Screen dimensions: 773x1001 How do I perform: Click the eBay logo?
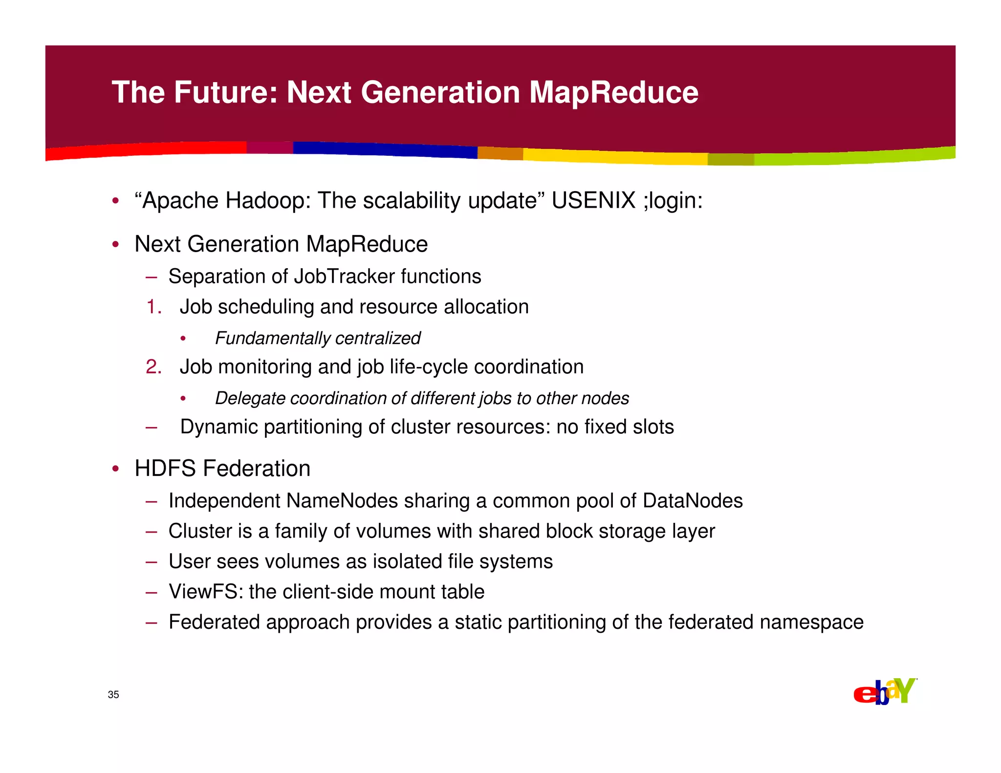[x=885, y=691]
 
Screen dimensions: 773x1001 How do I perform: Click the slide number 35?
[x=113, y=695]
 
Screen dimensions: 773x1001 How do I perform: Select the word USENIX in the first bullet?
[x=593, y=200]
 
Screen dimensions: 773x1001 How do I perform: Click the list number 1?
[x=153, y=307]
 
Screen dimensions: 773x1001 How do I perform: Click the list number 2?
[x=153, y=367]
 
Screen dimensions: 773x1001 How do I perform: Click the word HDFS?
[x=165, y=468]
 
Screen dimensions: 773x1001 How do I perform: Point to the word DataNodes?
[x=693, y=501]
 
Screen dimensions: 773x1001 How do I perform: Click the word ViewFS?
[x=206, y=592]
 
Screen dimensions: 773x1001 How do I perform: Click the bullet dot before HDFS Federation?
[x=115, y=469]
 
